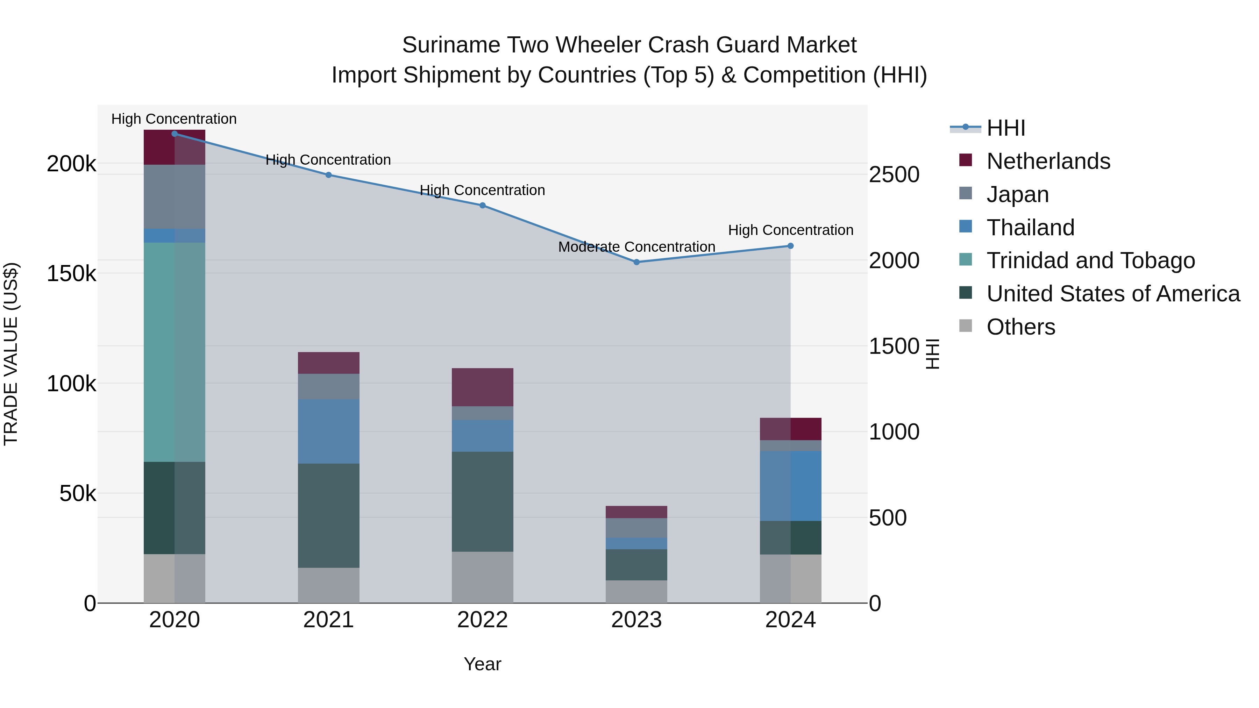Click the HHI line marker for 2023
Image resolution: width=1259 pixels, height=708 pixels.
point(636,262)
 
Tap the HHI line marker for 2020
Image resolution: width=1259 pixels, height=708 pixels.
point(175,134)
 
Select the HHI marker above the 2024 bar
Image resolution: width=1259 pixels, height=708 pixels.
point(790,246)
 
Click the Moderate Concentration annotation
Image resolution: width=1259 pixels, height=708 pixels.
point(636,247)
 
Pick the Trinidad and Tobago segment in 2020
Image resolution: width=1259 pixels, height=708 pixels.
point(175,352)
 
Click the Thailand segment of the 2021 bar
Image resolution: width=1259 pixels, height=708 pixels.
point(328,431)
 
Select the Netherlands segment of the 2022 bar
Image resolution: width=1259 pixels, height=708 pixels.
point(482,387)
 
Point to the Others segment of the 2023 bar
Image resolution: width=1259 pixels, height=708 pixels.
point(636,591)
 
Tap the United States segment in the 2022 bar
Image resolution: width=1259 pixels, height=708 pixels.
point(482,501)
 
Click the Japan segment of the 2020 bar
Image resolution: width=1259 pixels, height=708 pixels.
point(175,196)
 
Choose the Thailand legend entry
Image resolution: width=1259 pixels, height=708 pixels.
point(1030,228)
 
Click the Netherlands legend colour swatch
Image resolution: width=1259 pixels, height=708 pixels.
point(965,160)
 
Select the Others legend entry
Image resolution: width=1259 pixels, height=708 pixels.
point(1020,327)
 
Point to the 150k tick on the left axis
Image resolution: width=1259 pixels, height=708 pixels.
point(71,274)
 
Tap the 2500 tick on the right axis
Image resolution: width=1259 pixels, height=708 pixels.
point(894,174)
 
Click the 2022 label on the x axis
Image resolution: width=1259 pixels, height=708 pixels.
point(482,620)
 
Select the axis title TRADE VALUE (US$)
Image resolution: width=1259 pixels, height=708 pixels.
point(11,354)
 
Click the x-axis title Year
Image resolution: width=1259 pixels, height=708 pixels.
point(482,664)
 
